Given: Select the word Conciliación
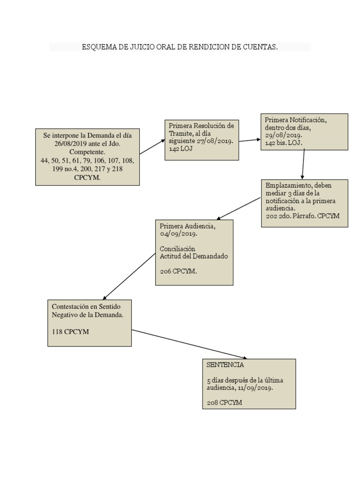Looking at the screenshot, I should pyautogui.click(x=178, y=248).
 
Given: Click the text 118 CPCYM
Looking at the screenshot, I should pyautogui.click(x=70, y=331).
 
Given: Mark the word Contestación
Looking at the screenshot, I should pyautogui.click(x=70, y=307).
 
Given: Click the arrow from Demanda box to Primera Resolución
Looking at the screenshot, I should pyautogui.click(x=152, y=146).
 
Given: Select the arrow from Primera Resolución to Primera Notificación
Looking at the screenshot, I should pyautogui.click(x=250, y=140).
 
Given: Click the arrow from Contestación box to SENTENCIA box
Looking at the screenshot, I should pyautogui.click(x=189, y=345).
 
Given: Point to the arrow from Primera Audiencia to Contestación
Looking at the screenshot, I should pyautogui.click(x=129, y=277).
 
